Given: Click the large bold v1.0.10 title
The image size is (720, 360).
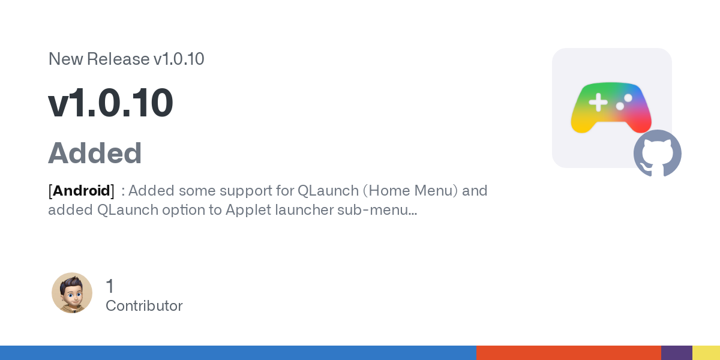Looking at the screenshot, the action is (x=110, y=103).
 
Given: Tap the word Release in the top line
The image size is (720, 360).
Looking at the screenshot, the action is (x=118, y=59).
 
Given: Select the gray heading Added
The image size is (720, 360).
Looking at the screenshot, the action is (x=95, y=153).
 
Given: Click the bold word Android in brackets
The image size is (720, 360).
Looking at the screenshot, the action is (x=82, y=191).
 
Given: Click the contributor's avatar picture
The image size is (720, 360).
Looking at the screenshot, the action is (x=72, y=293).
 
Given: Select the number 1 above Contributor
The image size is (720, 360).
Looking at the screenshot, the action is (x=110, y=286).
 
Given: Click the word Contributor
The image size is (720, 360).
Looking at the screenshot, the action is (x=144, y=305).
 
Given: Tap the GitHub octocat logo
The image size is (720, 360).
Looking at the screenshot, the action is (x=658, y=153).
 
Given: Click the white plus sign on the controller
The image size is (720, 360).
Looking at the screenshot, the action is (x=598, y=102).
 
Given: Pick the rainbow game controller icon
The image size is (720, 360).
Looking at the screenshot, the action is (x=611, y=107).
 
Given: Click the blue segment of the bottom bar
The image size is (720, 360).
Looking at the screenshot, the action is (x=238, y=353).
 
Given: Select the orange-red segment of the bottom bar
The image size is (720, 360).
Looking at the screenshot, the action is (x=569, y=353).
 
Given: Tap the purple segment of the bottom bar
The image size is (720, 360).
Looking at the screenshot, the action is (x=677, y=353).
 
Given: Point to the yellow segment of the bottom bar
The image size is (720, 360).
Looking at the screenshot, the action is (x=706, y=353).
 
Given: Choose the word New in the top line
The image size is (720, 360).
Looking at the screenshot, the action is (x=66, y=59).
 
